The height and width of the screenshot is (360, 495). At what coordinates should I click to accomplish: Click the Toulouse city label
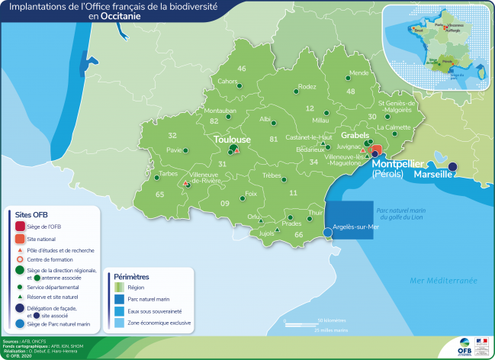[x=232, y=140]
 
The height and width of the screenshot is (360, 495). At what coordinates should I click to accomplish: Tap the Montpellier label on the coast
[x=399, y=163]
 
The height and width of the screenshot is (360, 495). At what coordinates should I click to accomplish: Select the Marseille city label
[x=432, y=174]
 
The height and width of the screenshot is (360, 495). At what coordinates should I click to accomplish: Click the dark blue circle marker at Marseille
[x=452, y=166]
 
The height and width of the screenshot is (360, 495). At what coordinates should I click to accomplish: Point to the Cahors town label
[x=227, y=81]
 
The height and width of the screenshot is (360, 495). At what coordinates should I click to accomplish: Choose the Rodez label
[x=307, y=87]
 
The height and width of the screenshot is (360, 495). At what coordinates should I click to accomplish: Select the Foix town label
[x=251, y=194]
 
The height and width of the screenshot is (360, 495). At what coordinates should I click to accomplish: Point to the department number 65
[x=159, y=194]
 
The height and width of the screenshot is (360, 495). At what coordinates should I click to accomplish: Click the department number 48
[x=350, y=92]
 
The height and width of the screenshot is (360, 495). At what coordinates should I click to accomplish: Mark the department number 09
[x=225, y=204]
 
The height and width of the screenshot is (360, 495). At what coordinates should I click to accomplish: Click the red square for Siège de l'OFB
[x=21, y=226]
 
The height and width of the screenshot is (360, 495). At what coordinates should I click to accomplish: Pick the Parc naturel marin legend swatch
[x=119, y=300]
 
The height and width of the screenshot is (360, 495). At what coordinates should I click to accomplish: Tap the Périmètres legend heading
[x=132, y=276]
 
